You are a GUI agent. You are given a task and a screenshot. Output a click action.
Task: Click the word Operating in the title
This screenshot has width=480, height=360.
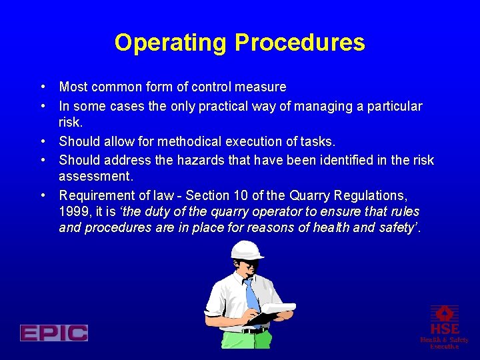[171, 43]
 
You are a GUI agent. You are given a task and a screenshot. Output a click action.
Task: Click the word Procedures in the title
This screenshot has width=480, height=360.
[300, 43]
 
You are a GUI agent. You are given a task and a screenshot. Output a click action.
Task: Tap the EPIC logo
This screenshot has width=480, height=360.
[54, 333]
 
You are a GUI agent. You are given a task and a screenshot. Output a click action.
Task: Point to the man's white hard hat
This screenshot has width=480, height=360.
[247, 253]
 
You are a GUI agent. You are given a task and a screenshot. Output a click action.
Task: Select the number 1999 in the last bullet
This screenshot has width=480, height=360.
[73, 211]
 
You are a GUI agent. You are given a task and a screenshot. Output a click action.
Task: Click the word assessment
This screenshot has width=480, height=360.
[96, 175]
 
